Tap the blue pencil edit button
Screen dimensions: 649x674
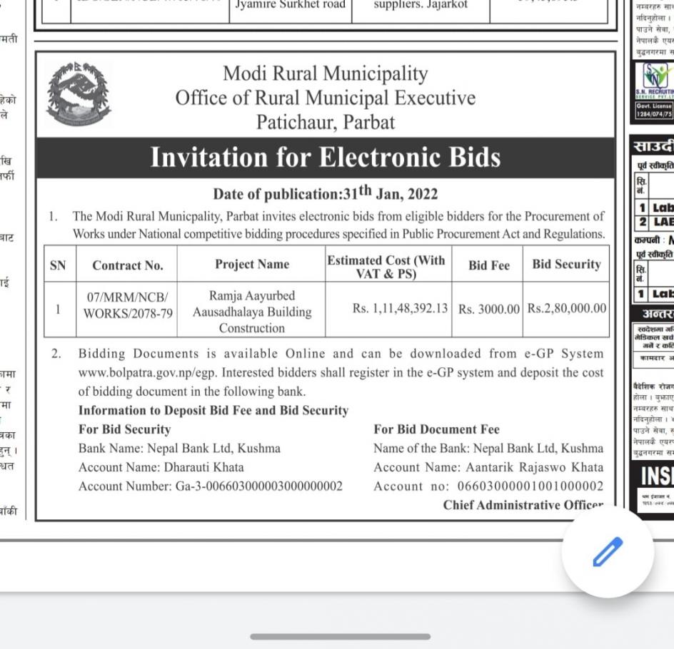[608, 552]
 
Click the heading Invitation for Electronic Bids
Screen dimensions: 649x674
[325, 158]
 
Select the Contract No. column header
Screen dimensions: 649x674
[127, 265]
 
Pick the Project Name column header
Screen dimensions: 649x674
[252, 265]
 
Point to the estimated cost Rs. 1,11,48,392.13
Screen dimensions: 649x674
[400, 308]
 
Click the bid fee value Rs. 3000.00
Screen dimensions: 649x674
[489, 309]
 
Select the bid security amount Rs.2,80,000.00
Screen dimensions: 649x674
[567, 308]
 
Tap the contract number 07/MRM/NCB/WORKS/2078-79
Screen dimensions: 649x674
[128, 304]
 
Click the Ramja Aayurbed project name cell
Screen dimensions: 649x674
[252, 312]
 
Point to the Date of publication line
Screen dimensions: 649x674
[325, 193]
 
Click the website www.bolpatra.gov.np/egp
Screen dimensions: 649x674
[139, 372]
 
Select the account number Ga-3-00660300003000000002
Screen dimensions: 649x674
[258, 486]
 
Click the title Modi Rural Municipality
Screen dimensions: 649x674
[325, 73]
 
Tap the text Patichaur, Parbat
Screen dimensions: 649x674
[326, 122]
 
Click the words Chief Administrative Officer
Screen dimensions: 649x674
[523, 505]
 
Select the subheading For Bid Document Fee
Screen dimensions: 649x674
[436, 429]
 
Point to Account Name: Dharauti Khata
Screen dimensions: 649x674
[161, 467]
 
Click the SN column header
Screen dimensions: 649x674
[58, 265]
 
